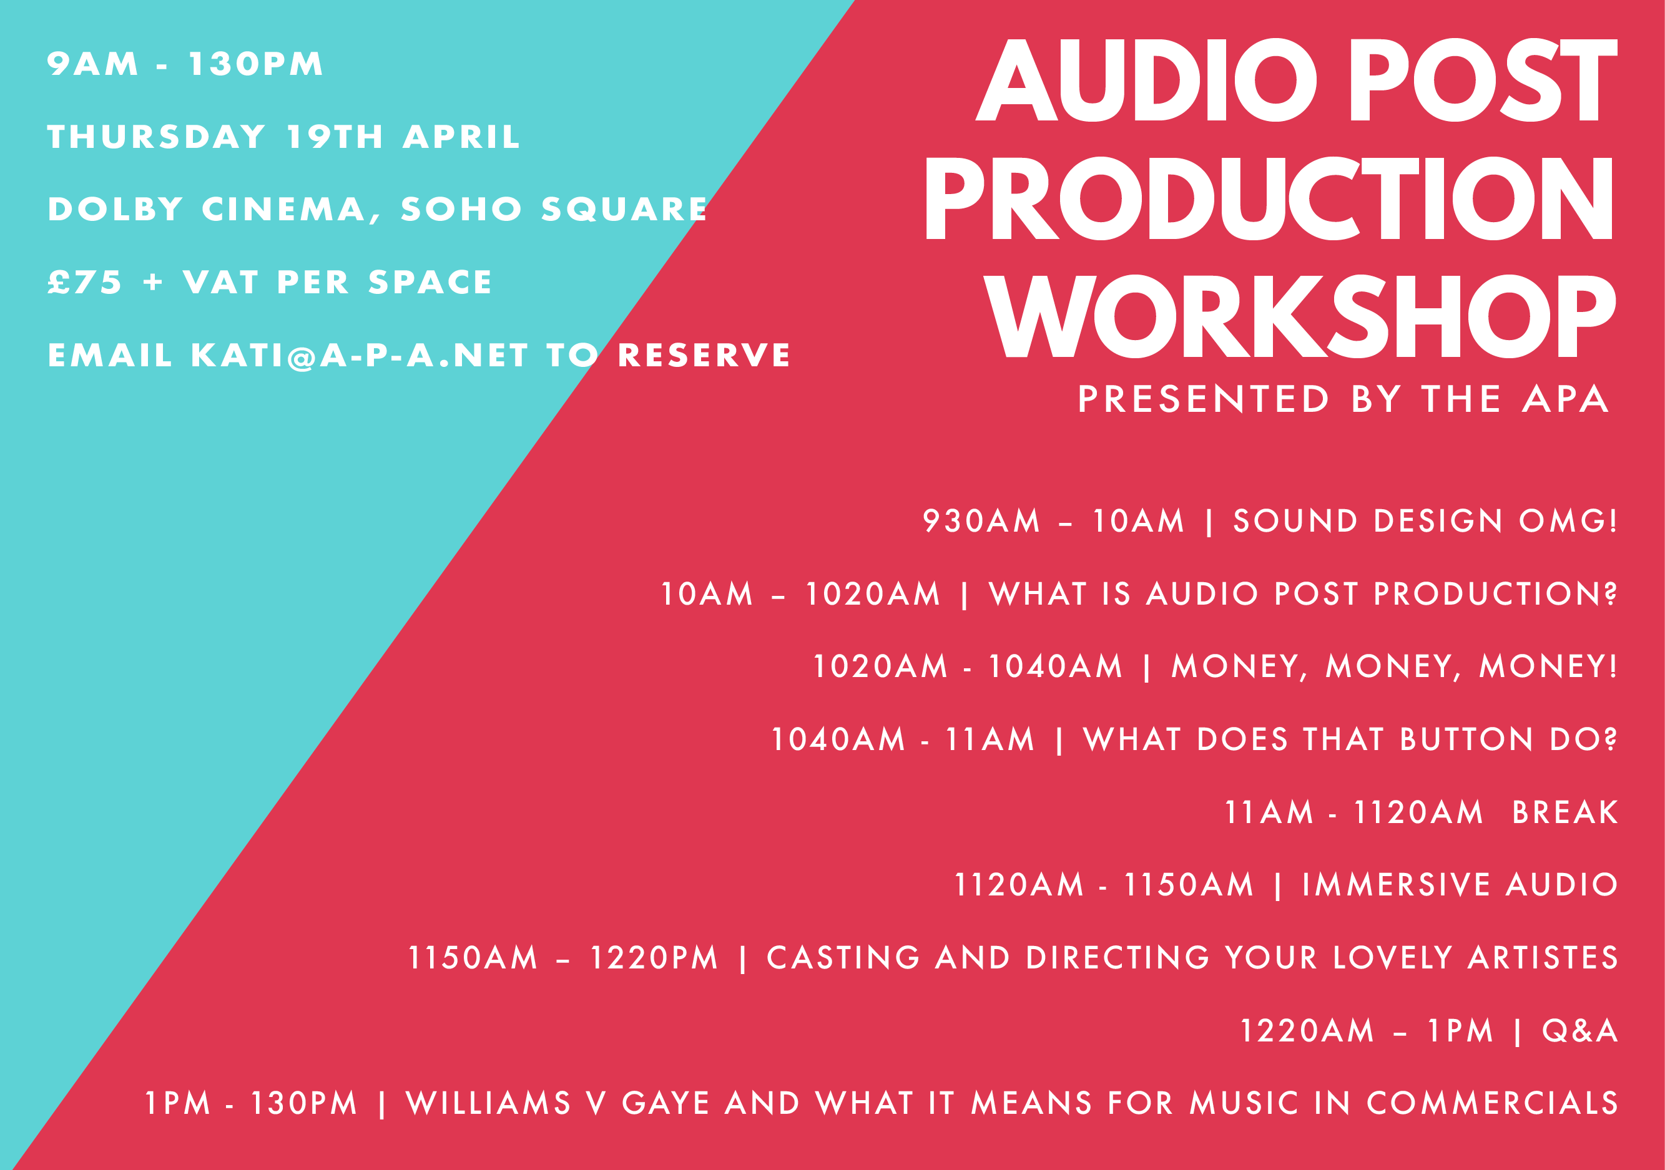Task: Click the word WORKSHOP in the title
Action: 1300,316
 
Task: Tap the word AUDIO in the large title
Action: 1146,80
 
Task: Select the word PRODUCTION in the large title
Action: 1269,198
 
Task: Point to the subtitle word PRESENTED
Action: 1203,399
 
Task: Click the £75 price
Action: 85,282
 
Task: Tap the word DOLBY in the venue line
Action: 115,210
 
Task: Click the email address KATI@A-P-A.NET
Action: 360,355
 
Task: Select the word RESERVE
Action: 704,355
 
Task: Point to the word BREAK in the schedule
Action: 1565,812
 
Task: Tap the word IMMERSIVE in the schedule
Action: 1396,885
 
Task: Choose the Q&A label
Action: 1579,1031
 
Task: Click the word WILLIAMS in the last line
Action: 489,1103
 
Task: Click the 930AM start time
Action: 981,521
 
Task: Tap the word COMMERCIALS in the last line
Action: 1491,1103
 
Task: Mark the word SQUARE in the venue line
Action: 624,210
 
